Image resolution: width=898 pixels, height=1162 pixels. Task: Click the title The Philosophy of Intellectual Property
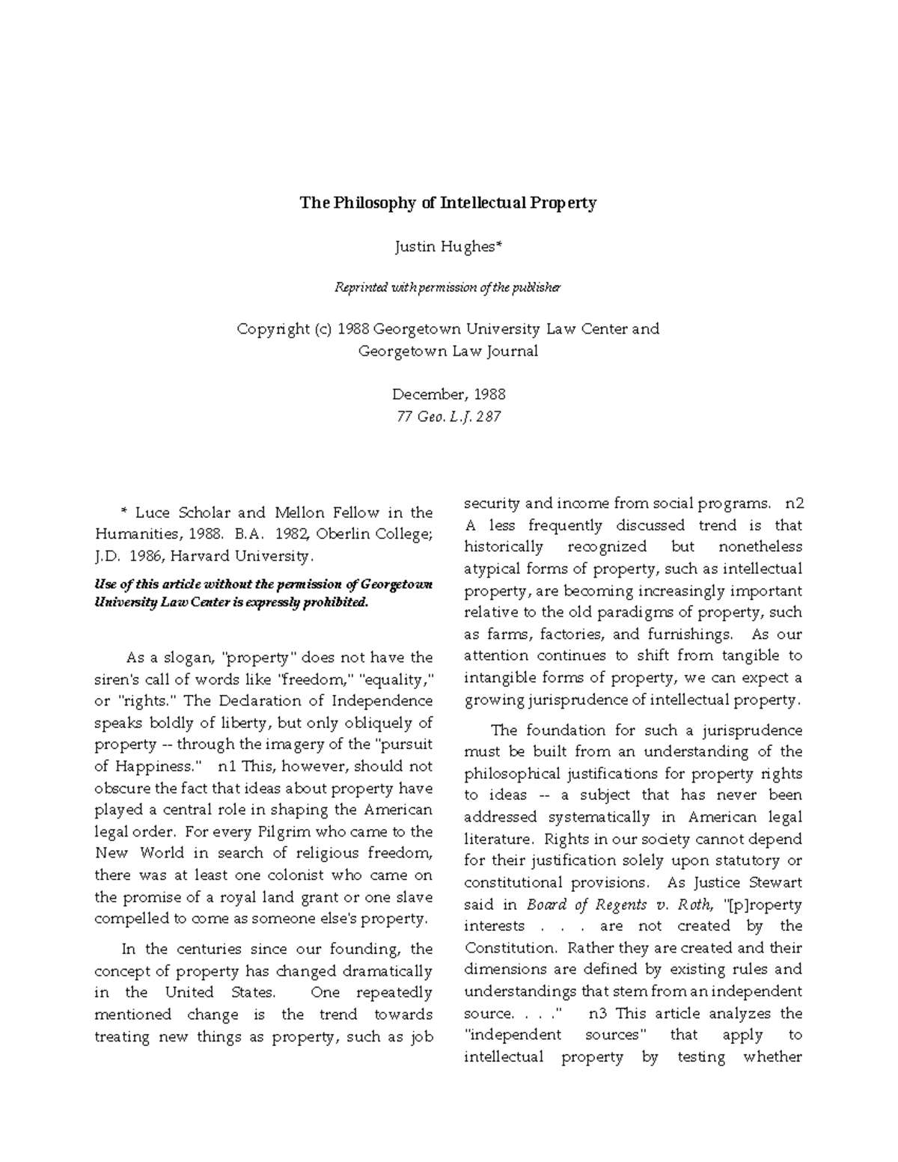pyautogui.click(x=448, y=203)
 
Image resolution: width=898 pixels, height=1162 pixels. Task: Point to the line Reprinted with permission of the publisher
pyautogui.click(x=448, y=287)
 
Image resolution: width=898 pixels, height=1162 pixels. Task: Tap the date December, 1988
pyautogui.click(x=448, y=394)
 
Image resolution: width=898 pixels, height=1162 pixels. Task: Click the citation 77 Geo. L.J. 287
pyautogui.click(x=448, y=416)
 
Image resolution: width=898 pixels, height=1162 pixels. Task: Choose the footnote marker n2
pyautogui.click(x=794, y=503)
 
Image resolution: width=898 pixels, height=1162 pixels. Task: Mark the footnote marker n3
pyautogui.click(x=599, y=1014)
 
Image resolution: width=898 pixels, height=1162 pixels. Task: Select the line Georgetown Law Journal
pyautogui.click(x=448, y=351)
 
